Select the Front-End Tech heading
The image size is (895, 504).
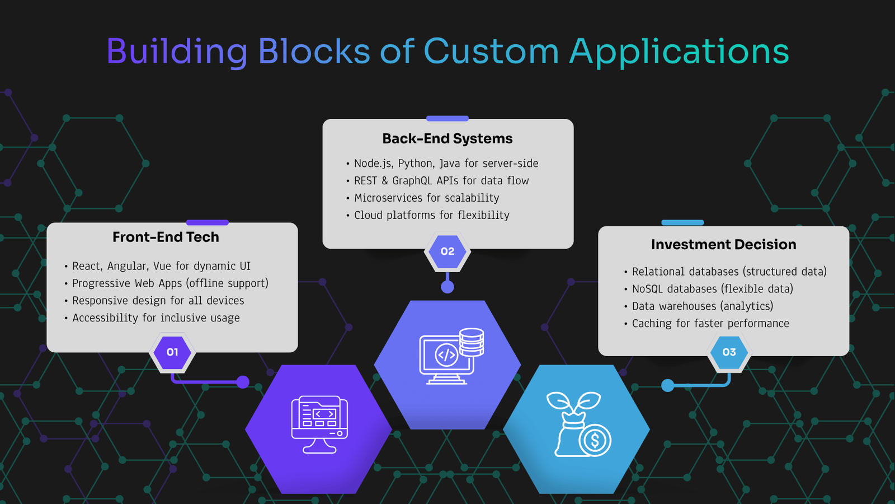point(166,237)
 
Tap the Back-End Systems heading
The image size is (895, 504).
point(447,138)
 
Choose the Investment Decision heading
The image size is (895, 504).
point(724,244)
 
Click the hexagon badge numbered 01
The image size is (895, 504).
point(172,352)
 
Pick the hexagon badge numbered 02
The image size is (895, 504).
point(447,251)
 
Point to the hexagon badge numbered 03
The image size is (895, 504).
point(729,352)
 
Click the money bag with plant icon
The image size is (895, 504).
point(578,424)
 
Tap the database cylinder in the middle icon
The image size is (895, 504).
point(472,342)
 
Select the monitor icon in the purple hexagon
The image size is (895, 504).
point(319,424)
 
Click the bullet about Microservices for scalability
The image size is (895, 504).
point(423,198)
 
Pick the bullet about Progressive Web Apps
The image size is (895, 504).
point(167,283)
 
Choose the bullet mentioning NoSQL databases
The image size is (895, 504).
point(709,289)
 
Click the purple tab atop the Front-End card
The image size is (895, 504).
point(208,222)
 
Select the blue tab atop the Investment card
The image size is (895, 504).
point(682,222)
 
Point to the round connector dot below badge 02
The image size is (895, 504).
point(447,287)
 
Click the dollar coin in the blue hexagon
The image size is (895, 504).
point(595,440)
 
